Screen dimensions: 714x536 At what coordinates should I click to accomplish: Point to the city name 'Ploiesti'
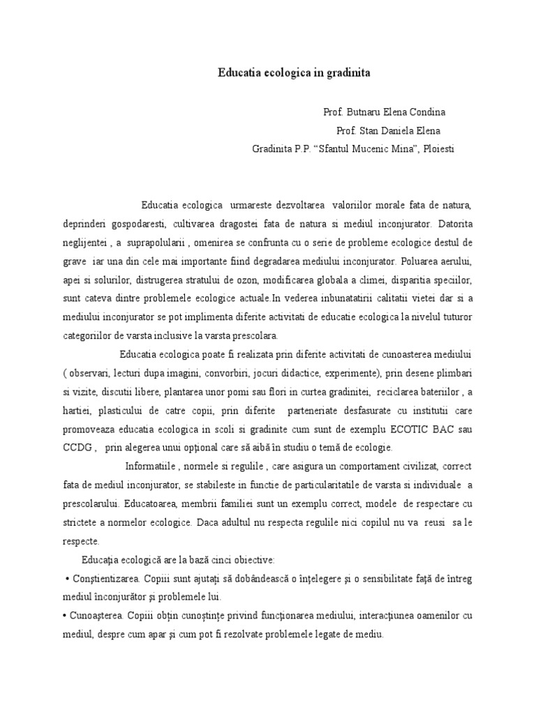click(438, 149)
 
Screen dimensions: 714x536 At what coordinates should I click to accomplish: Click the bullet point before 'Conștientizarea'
click(66, 579)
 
